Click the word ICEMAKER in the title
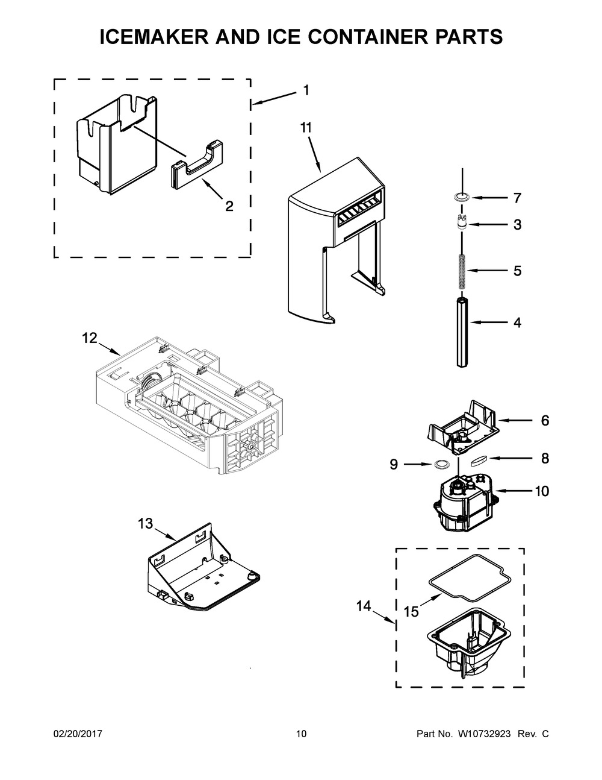(154, 37)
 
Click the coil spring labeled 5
(462, 272)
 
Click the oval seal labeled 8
(479, 461)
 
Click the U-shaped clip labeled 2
(197, 165)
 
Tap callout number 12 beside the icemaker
(90, 338)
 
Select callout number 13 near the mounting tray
(146, 524)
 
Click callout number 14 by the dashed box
(364, 606)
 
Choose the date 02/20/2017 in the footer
(78, 734)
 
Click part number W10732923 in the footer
(485, 734)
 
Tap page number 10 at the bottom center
(302, 734)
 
